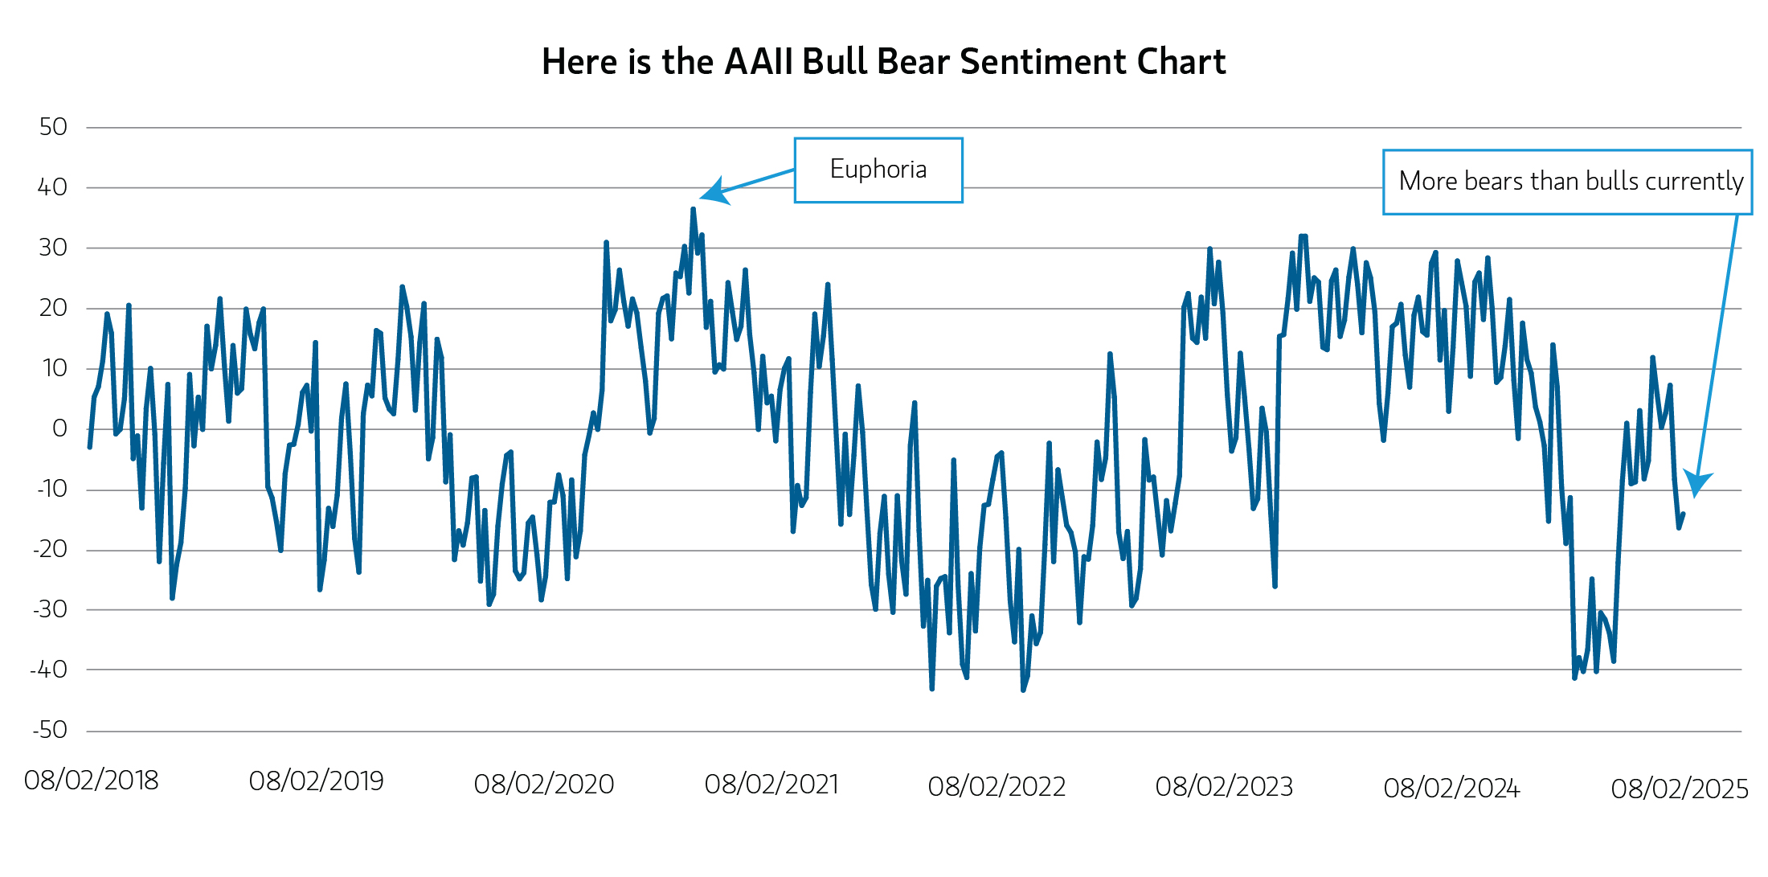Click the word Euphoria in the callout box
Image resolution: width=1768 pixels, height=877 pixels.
878,170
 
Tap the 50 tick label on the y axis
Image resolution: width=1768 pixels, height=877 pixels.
53,127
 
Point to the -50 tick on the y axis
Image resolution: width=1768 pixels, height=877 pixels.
50,730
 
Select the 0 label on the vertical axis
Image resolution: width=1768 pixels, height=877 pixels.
59,428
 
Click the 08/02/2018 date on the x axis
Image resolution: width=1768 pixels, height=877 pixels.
91,781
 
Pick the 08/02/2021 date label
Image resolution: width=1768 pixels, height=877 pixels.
771,785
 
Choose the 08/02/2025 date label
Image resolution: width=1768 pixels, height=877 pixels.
1680,789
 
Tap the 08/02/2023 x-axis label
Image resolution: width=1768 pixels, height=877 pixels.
1224,787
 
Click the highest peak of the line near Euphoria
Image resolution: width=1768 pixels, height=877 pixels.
693,209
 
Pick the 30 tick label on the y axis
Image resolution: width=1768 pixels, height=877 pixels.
53,248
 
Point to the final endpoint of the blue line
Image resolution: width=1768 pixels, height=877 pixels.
1683,514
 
